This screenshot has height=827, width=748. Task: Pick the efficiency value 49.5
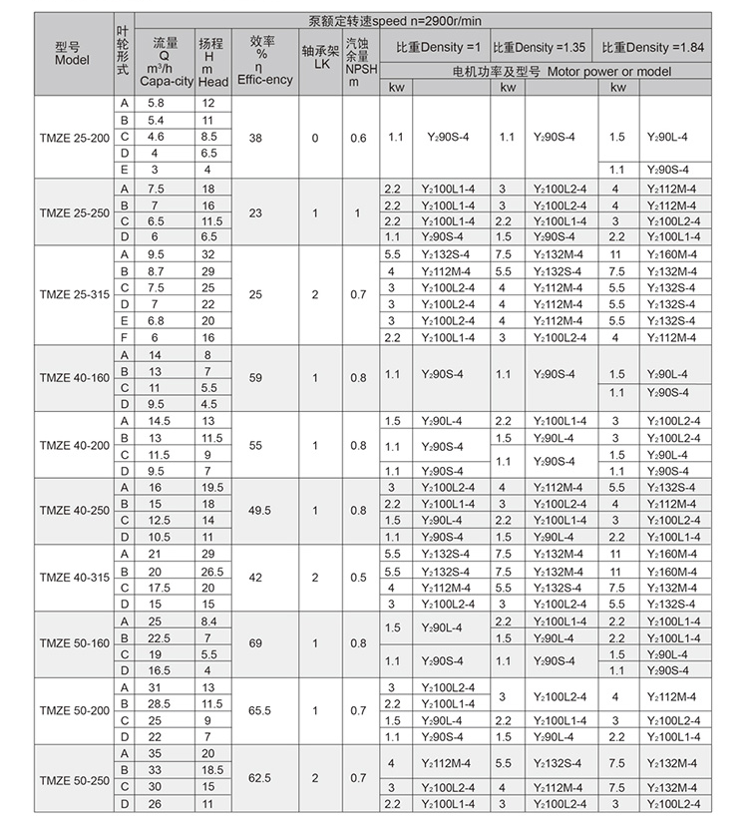coord(260,511)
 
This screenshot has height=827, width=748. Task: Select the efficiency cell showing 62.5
coord(260,778)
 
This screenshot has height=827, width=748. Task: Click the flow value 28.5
coord(157,703)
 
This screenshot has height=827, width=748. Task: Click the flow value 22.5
coord(157,637)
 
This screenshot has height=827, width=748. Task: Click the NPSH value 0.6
coord(358,137)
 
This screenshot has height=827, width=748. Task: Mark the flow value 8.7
coord(157,271)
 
